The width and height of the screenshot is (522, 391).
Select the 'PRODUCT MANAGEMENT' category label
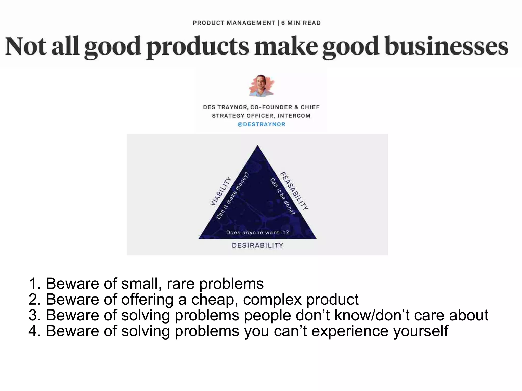point(234,23)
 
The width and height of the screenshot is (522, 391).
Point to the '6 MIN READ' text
point(301,23)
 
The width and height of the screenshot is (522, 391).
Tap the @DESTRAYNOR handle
point(261,124)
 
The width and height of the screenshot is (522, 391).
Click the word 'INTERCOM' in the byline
point(294,116)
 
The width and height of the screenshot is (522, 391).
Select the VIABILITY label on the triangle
point(221,191)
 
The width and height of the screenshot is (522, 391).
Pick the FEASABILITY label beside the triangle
point(294,191)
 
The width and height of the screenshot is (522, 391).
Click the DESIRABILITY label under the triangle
point(257,245)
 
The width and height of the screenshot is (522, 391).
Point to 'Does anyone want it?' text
point(257,233)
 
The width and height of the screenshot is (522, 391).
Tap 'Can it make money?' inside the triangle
point(232,196)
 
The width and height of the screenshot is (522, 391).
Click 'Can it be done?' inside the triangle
point(282,196)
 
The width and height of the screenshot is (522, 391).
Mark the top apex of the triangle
point(257,146)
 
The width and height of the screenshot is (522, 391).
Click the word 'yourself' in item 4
point(421,331)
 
